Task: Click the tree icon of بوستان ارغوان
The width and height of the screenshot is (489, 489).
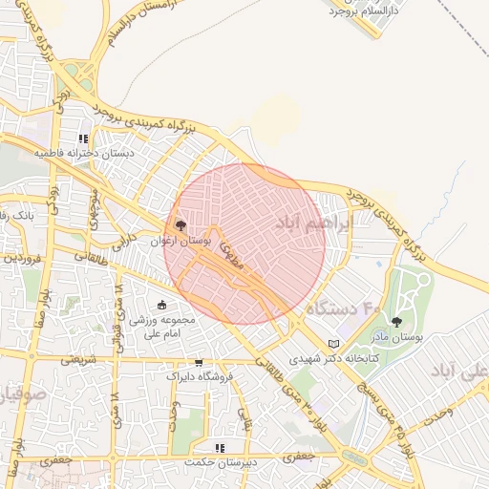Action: tap(181, 225)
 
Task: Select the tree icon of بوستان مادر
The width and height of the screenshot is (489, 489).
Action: tap(396, 322)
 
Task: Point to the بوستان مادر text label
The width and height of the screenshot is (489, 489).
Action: tap(396, 337)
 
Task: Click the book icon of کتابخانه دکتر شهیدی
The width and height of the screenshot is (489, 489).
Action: tap(333, 344)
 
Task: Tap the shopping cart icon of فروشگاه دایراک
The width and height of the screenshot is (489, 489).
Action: tap(199, 362)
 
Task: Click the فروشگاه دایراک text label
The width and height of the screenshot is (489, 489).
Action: tap(200, 376)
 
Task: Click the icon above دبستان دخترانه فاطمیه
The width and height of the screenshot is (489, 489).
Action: tap(96, 138)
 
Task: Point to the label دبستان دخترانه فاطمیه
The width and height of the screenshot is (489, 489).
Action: tap(86, 153)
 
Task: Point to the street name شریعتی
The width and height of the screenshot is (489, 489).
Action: tap(79, 360)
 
